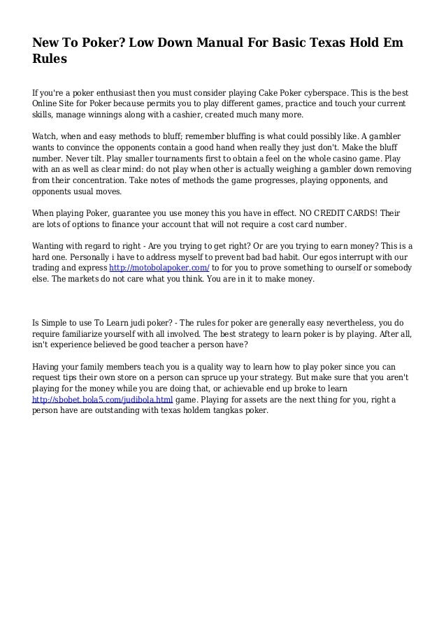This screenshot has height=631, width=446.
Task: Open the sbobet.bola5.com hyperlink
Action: (x=103, y=400)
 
